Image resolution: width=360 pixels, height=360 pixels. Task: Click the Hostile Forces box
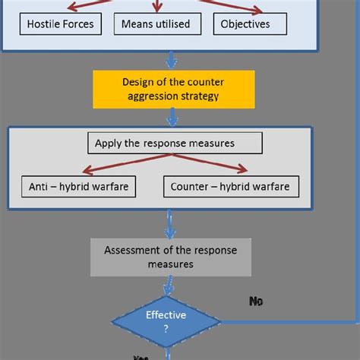(60, 24)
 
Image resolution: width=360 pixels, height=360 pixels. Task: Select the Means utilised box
(156, 24)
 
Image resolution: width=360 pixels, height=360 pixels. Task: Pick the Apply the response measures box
(175, 142)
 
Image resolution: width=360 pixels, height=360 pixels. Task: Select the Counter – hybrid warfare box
(230, 186)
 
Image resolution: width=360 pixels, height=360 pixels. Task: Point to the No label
(256, 302)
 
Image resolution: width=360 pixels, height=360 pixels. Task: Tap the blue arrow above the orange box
(172, 60)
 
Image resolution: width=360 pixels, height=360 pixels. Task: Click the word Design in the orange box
(137, 82)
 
